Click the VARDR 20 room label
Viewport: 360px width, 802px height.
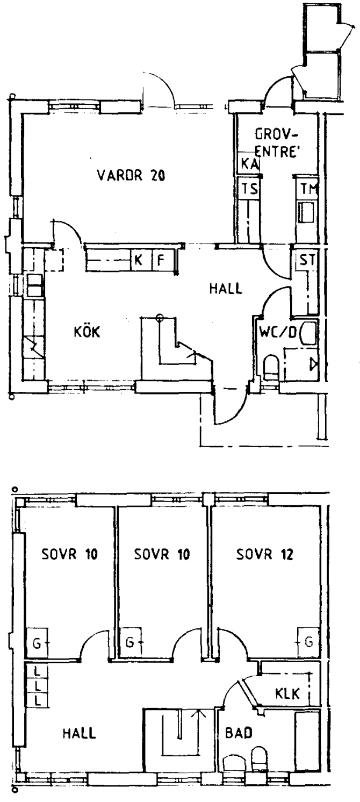(x=131, y=175)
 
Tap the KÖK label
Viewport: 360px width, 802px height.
(x=87, y=332)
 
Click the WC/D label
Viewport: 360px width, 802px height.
(x=278, y=332)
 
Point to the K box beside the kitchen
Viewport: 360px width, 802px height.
(x=138, y=260)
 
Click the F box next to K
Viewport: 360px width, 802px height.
(x=161, y=260)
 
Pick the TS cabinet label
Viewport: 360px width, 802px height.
(x=249, y=188)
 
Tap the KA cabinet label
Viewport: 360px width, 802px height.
(x=249, y=164)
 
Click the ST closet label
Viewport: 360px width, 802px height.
(x=307, y=260)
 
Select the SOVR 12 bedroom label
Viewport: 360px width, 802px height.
(x=264, y=554)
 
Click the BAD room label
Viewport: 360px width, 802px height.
(x=239, y=733)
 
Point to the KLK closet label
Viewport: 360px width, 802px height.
(x=287, y=693)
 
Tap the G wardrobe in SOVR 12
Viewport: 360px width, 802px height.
(x=308, y=642)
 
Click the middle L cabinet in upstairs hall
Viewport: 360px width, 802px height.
(x=37, y=686)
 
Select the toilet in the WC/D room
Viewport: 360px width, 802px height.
(x=271, y=367)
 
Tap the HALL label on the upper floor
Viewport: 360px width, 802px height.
(x=80, y=733)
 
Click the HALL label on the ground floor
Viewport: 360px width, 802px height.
(x=226, y=288)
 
